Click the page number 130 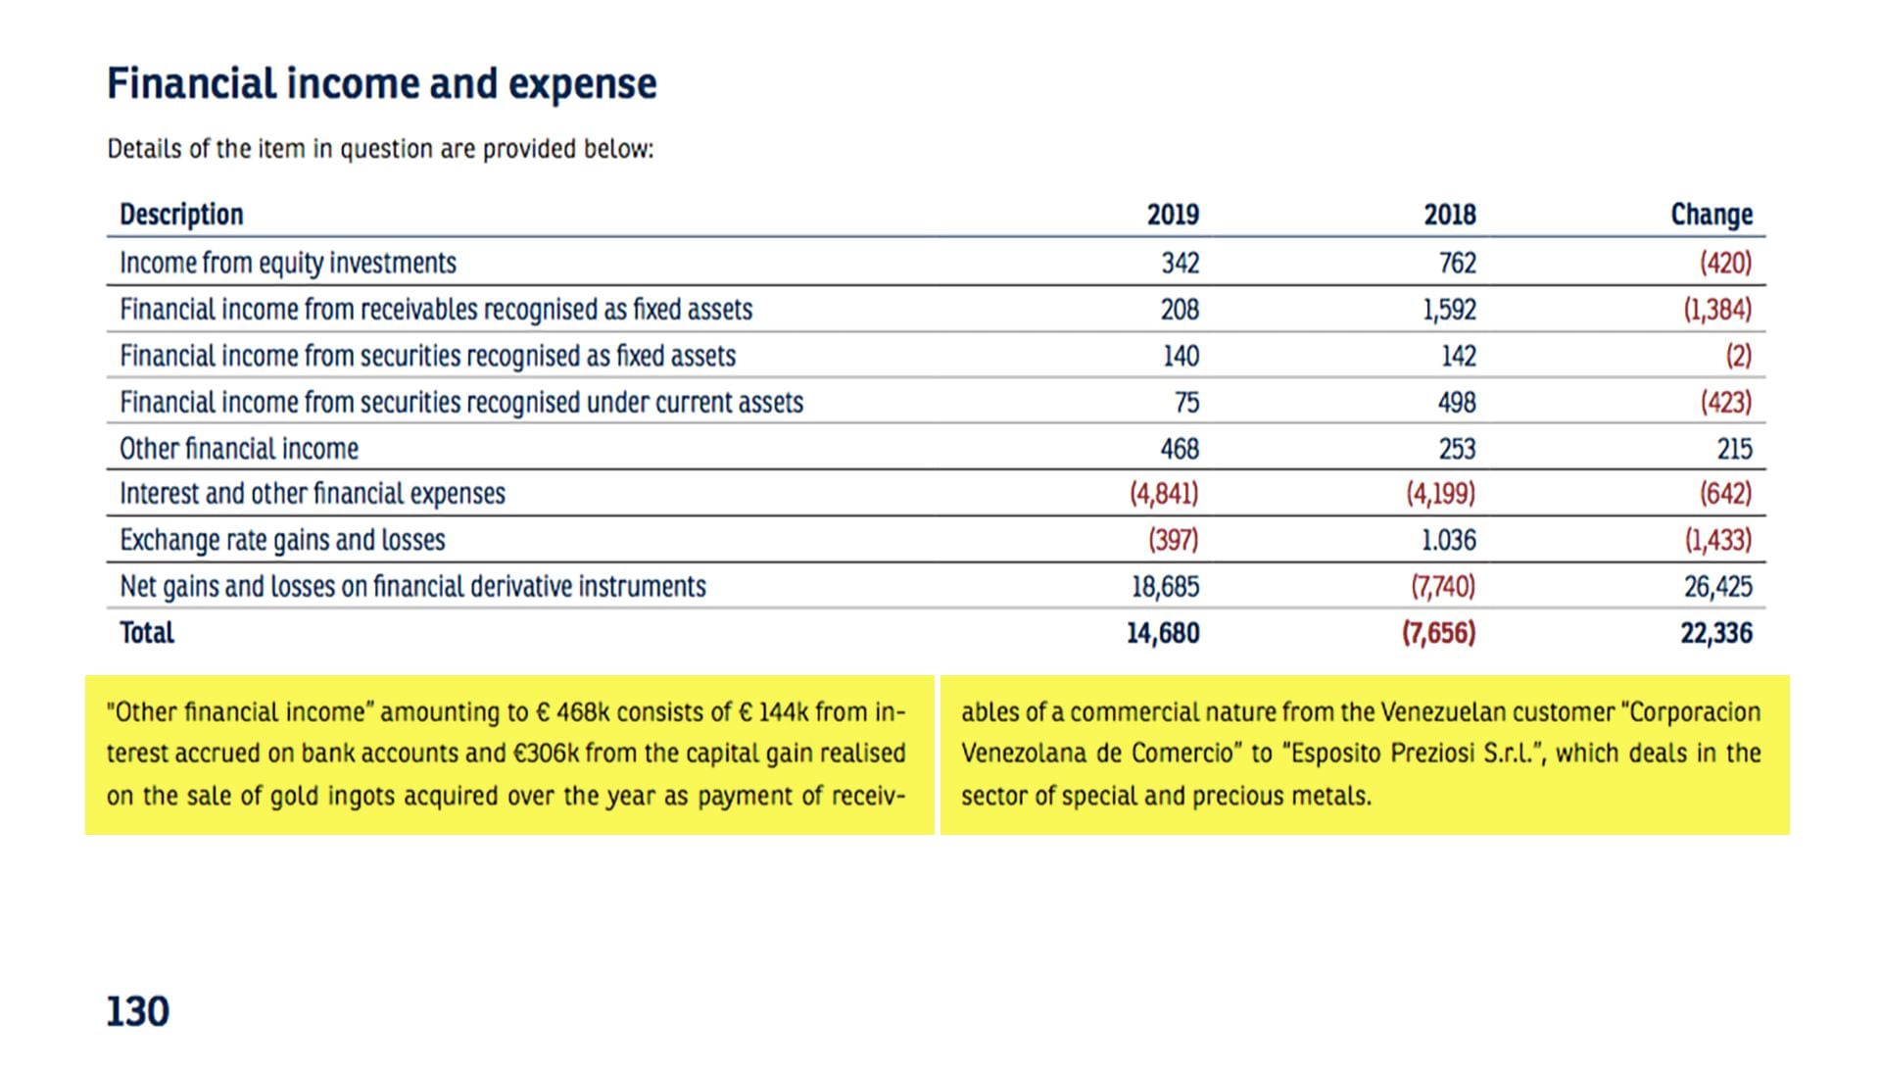pos(137,1011)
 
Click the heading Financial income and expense pos(381,84)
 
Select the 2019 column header pos(1173,215)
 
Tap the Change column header pos(1711,215)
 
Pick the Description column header pos(181,215)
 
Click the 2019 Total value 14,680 pos(1162,633)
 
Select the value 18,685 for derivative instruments pos(1165,587)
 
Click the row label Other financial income pos(239,449)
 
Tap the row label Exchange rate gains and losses pos(282,540)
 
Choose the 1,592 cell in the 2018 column pos(1449,310)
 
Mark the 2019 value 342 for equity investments pos(1180,263)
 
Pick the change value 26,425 pos(1717,587)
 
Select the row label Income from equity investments pos(288,263)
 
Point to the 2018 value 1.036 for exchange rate pos(1448,540)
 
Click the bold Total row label pos(147,633)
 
